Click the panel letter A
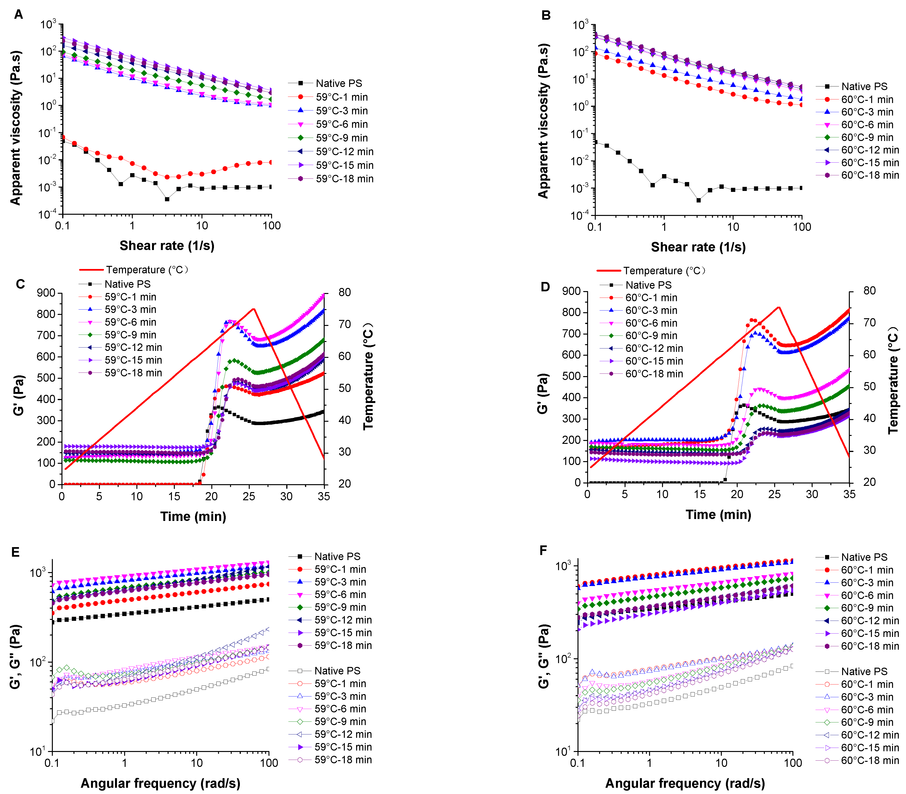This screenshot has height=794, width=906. click(x=18, y=15)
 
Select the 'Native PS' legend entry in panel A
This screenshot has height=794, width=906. click(x=339, y=83)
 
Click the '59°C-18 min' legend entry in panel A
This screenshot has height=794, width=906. click(x=344, y=178)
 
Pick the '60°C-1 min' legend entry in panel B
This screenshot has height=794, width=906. click(x=867, y=99)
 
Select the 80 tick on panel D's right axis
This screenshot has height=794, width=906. click(x=869, y=291)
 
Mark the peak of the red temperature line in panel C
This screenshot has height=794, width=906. click(x=253, y=309)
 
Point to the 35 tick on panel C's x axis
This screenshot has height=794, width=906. click(x=324, y=496)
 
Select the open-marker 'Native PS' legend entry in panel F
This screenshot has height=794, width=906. click(x=864, y=671)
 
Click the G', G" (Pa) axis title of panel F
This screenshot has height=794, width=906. click(x=544, y=656)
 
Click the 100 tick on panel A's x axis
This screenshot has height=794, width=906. click(x=271, y=226)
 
